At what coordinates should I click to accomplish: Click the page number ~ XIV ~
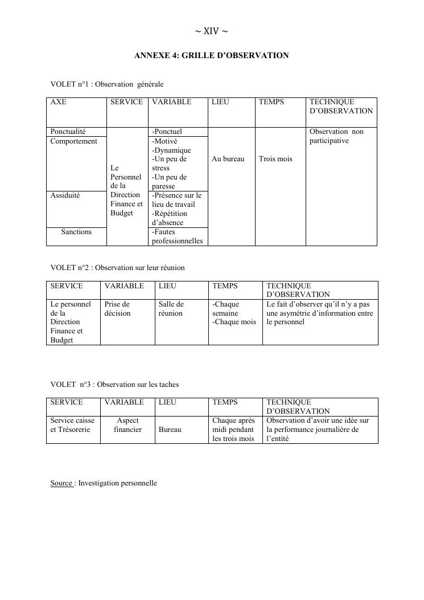tap(212, 31)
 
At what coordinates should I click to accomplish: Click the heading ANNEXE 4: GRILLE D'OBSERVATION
tap(212, 56)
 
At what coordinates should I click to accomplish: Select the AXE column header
tap(58, 102)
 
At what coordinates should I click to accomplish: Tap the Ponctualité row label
tap(68, 132)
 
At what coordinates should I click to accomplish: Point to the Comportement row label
tap(73, 141)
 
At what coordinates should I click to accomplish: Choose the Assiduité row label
tap(65, 195)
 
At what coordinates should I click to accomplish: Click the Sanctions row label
tap(76, 232)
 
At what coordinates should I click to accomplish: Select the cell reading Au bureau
tap(228, 159)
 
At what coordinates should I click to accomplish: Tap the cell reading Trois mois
tap(275, 159)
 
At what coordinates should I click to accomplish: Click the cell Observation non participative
tap(336, 136)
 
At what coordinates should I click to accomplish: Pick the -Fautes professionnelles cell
tap(177, 236)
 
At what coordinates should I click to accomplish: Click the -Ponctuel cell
tap(167, 132)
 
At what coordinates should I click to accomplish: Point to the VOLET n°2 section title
tap(117, 268)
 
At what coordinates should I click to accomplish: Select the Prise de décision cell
tap(117, 309)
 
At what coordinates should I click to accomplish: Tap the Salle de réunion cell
tap(171, 309)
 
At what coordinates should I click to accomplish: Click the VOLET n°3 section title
tap(114, 385)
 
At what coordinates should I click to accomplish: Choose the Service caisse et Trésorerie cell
tap(73, 425)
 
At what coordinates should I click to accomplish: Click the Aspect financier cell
tap(127, 425)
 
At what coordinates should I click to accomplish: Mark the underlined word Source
tap(61, 483)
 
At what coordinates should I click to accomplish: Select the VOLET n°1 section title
tap(107, 84)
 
